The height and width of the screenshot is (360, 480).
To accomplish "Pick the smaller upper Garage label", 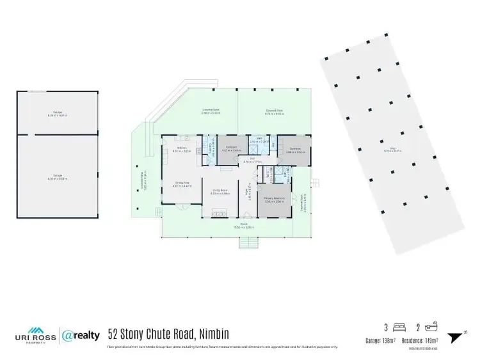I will [58, 114].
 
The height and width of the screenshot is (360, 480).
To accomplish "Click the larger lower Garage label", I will [58, 177].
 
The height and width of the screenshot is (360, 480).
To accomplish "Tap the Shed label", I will [401, 151].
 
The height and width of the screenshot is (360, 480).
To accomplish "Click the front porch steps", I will [247, 242].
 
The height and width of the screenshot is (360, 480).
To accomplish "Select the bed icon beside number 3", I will [400, 327].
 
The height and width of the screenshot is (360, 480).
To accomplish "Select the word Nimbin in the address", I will [209, 334].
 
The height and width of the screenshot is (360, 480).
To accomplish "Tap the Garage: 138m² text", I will [382, 340].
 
